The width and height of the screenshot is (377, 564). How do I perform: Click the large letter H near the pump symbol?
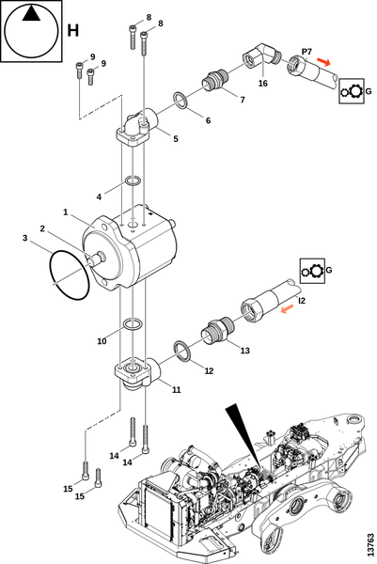click(73, 31)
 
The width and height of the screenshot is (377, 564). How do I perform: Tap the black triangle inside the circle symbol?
click(31, 14)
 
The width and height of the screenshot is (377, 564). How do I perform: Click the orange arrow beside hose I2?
click(288, 308)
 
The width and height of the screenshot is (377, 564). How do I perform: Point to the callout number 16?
click(263, 83)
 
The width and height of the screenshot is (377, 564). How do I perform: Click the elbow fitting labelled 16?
click(262, 55)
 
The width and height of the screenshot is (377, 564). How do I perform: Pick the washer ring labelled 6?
click(180, 100)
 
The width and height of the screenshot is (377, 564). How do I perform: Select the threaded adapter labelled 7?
click(215, 80)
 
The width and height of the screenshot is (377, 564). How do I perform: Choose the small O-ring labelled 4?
click(133, 180)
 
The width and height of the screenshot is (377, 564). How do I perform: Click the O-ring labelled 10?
click(132, 323)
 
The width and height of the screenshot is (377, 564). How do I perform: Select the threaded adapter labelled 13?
click(217, 329)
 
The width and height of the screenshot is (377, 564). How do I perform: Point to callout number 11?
click(176, 389)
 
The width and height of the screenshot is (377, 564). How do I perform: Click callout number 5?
click(176, 139)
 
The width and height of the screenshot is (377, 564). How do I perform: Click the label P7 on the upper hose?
click(306, 52)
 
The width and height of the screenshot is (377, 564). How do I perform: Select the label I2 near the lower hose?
click(302, 301)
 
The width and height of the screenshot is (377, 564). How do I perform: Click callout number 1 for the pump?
click(66, 212)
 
